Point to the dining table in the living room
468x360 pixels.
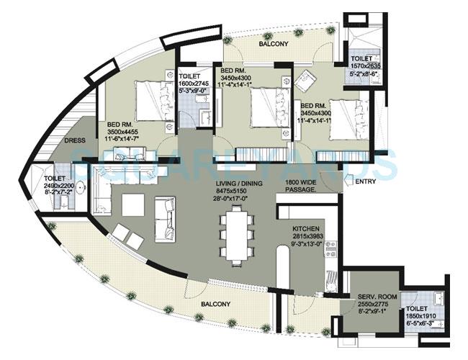[237, 231]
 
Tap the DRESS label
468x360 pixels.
[76, 141]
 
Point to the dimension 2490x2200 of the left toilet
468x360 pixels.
[58, 186]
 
